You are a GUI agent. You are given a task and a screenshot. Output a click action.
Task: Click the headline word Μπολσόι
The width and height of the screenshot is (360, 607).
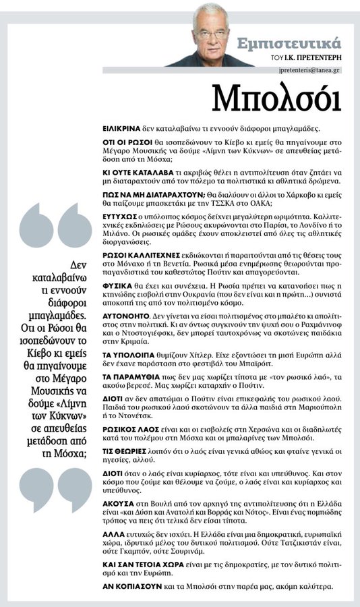click(x=276, y=98)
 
